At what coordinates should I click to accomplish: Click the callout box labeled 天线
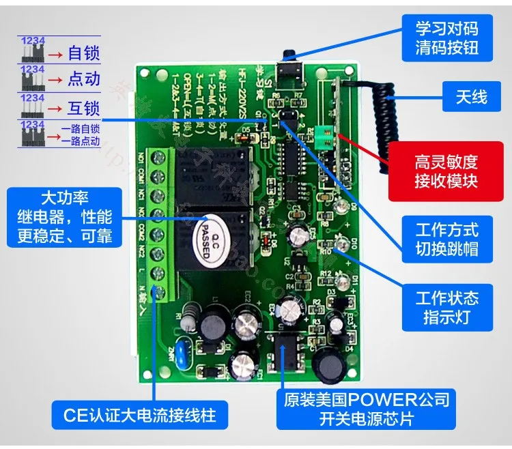pyautogui.click(x=470, y=97)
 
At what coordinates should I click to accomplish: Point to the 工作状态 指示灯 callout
pyautogui.click(x=446, y=307)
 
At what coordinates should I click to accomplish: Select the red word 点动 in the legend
pyautogui.click(x=84, y=79)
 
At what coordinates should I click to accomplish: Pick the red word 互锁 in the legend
pyautogui.click(x=84, y=108)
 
